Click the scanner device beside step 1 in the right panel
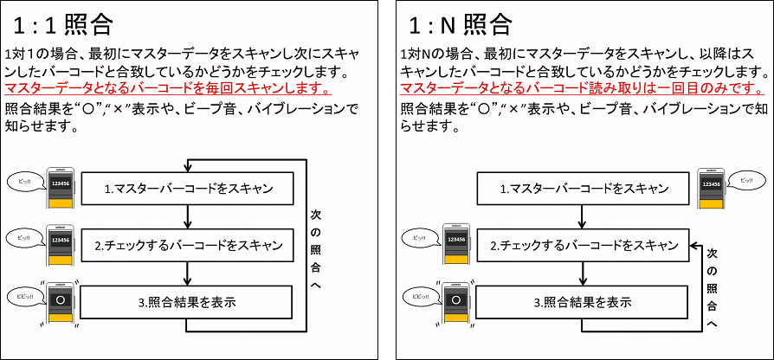(711, 190)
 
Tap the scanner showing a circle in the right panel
(457, 304)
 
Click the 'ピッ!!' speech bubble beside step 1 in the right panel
(747, 180)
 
